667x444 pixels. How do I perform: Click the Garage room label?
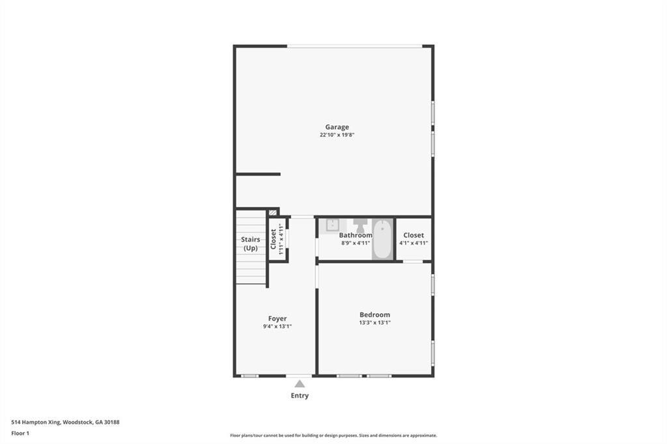pos(337,127)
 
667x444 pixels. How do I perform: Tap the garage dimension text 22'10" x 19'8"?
pos(337,135)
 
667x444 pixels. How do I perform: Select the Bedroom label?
pos(375,314)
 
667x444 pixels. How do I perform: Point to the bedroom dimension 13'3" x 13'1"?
pos(375,323)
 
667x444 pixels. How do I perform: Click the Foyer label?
pos(277,318)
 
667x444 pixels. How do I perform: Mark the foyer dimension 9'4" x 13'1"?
pos(277,326)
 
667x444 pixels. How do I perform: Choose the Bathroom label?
pos(356,235)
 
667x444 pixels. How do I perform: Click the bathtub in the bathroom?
pos(382,240)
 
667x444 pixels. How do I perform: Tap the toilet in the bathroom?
pos(360,225)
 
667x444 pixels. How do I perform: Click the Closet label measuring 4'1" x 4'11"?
pos(414,235)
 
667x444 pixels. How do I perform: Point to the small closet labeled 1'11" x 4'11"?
pos(277,239)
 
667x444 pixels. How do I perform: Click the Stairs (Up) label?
pos(251,243)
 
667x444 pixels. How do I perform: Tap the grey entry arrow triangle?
pos(300,384)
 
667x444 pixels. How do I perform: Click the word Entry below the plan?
pos(300,395)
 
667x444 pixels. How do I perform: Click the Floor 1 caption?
pos(21,433)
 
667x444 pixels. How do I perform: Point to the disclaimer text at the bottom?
pos(333,436)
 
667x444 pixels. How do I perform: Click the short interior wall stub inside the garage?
pos(258,174)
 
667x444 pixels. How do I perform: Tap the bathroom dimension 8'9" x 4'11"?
pos(356,243)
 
